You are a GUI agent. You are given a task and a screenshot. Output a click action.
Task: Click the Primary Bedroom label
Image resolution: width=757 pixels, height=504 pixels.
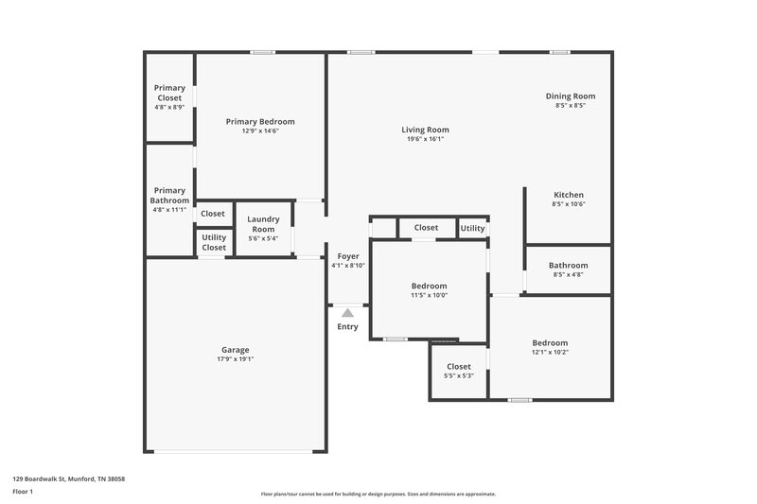260,121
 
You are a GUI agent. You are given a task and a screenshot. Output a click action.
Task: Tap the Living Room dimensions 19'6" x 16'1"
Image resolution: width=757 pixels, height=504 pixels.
425,139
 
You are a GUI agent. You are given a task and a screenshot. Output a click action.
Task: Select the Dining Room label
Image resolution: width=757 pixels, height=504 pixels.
570,96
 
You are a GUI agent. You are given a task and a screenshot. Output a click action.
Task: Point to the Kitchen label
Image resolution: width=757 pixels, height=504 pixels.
569,195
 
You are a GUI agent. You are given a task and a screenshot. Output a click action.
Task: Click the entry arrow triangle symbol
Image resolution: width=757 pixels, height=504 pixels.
347,312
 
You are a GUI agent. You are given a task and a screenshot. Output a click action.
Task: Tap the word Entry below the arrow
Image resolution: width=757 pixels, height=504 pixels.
347,327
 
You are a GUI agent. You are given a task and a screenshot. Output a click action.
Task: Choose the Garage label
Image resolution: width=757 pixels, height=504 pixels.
236,350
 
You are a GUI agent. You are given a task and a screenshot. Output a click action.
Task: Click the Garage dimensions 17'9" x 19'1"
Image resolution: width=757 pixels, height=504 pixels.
236,359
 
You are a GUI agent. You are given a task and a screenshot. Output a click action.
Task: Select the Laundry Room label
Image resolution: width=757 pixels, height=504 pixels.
263,224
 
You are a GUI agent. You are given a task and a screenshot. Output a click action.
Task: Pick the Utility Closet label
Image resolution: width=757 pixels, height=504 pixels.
214,242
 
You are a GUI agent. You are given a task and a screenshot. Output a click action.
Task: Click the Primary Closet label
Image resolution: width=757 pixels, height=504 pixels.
169,93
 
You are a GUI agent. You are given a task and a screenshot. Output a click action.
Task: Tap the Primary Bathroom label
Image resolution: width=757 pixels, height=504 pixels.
169,195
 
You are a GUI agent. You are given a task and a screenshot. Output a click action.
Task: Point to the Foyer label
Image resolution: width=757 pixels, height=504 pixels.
348,256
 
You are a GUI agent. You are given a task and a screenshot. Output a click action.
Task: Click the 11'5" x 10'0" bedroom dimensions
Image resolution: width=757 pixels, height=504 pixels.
429,295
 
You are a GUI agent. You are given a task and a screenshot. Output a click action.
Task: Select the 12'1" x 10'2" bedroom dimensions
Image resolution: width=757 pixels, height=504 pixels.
550,353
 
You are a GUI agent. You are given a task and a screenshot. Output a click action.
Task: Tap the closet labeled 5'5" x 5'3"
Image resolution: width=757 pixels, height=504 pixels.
459,371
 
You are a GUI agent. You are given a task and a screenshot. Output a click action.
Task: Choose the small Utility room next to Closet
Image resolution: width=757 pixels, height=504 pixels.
472,228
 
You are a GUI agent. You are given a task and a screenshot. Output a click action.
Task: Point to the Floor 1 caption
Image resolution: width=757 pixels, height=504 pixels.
23,493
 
